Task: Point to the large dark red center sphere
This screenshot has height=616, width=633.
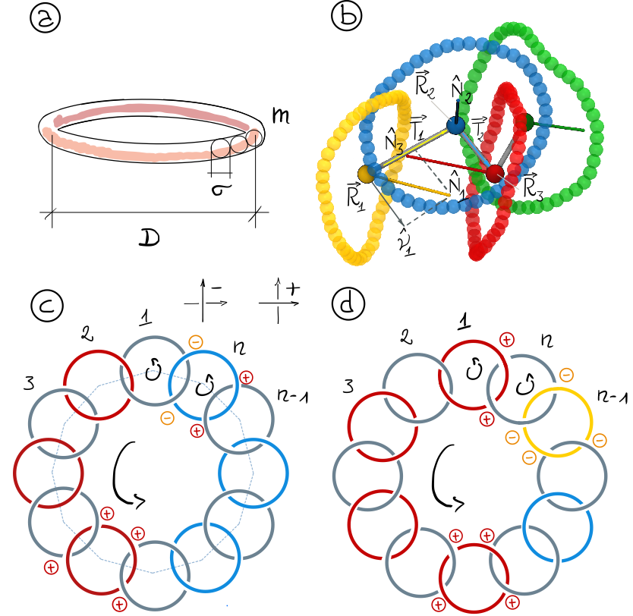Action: coord(495,174)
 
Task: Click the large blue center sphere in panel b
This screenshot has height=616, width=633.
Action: coord(455,126)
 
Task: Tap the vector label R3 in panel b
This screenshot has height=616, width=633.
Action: coord(531,184)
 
